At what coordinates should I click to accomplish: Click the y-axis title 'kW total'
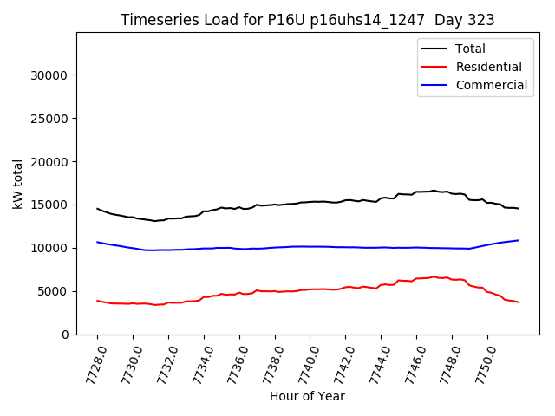click(17, 184)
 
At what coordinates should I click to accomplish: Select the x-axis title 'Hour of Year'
click(307, 396)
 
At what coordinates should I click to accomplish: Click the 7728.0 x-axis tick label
click(90, 364)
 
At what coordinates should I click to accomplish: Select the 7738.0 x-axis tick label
click(268, 364)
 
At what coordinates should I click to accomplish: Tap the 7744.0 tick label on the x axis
click(374, 364)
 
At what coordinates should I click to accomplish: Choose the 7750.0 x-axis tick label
click(480, 364)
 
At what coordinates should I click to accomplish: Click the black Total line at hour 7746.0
click(416, 192)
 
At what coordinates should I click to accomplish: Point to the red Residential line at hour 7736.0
click(239, 292)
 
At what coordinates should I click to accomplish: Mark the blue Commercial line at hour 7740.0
click(310, 246)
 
